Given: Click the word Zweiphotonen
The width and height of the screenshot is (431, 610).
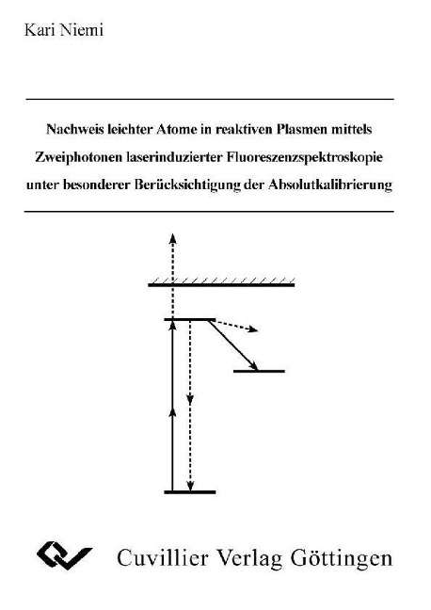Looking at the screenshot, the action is (x=79, y=157).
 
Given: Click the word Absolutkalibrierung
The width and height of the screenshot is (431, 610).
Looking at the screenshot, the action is (x=330, y=185).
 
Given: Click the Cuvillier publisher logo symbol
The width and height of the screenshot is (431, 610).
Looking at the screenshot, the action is (x=65, y=555).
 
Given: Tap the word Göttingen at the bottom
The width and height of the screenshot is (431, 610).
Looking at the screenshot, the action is (x=342, y=558).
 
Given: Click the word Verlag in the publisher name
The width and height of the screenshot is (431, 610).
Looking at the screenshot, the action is (x=249, y=558).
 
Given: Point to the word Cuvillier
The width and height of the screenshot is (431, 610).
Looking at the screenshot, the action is (x=163, y=558).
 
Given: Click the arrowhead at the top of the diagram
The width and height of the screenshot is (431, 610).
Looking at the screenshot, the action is (x=173, y=238).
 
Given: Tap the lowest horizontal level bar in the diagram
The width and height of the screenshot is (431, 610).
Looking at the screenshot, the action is (x=190, y=492).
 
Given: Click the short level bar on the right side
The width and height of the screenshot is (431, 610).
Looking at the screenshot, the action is (x=259, y=371).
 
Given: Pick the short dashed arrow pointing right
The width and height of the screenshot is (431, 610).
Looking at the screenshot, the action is (x=236, y=326).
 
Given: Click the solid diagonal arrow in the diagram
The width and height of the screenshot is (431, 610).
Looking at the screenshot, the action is (x=232, y=345).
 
